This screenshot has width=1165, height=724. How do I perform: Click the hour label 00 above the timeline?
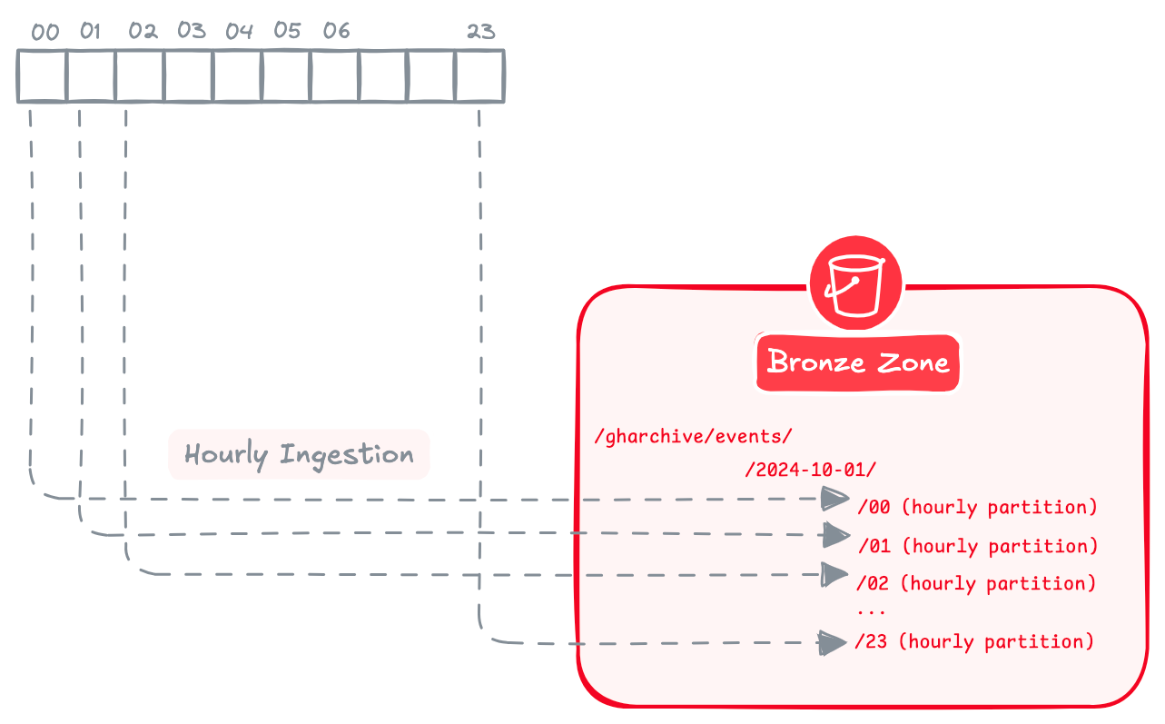coord(44,33)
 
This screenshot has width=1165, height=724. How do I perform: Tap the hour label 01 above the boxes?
coord(90,32)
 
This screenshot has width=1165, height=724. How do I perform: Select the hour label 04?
coord(239,32)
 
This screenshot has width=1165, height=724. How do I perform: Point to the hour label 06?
coord(336,32)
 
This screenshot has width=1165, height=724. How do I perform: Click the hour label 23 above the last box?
coord(480,32)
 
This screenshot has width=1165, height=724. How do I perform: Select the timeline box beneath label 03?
coord(189,76)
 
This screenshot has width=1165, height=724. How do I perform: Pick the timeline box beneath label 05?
coord(286,76)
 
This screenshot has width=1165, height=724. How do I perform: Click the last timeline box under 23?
coord(479,76)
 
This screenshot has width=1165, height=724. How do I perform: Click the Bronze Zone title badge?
coord(858,362)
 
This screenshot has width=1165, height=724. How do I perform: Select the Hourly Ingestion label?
coord(299,454)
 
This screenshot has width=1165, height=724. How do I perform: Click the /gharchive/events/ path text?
coord(693,436)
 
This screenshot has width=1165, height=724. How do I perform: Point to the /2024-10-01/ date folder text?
coord(810,470)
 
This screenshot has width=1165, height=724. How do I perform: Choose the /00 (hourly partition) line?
coord(977,507)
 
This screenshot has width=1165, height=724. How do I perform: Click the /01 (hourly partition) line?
coord(977,546)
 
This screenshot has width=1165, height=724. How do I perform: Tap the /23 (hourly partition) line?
coord(973,641)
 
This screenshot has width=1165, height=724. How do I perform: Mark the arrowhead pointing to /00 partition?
coord(834,498)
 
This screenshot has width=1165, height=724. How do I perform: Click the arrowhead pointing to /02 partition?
coord(834,574)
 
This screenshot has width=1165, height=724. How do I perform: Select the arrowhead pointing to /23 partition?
coord(832,642)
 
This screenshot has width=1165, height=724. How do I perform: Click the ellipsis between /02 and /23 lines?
coord(871,612)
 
